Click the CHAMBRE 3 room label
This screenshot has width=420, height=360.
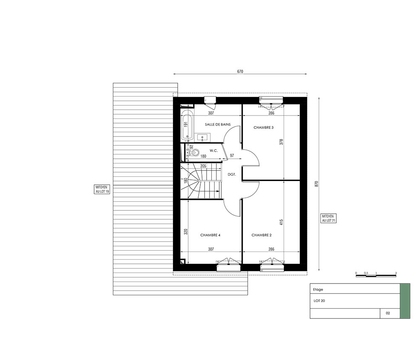264,128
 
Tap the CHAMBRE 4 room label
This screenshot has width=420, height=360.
210,235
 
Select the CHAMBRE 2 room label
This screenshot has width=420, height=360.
261,235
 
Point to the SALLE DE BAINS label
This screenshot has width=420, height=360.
218,125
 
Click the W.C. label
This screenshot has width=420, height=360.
214,151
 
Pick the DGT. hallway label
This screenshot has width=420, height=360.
232,174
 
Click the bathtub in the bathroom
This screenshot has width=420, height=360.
187,125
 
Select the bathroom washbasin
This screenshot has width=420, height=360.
202,138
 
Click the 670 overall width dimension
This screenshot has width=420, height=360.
240,71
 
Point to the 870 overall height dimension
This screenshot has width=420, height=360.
316,184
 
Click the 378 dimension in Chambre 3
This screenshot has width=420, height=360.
281,142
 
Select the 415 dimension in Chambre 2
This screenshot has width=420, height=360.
281,222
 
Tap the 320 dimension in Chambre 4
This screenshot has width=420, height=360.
186,232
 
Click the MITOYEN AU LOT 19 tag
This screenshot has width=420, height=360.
102,189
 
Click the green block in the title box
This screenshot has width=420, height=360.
405,301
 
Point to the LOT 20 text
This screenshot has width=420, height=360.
319,301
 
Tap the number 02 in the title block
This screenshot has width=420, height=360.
388,313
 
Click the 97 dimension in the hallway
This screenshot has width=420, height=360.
232,155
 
